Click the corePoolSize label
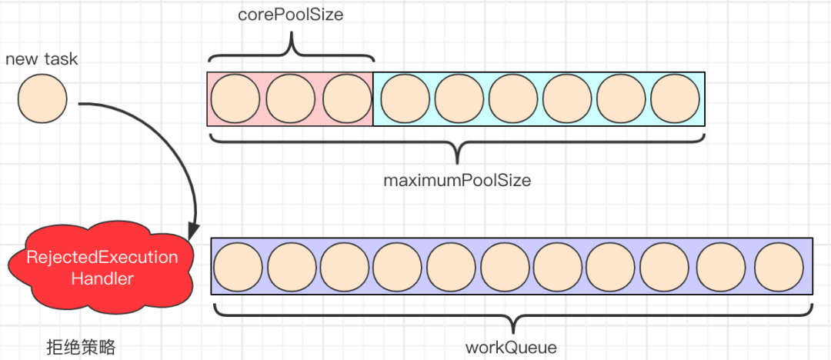click(x=291, y=15)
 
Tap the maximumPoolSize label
click(x=457, y=181)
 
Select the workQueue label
click(x=511, y=347)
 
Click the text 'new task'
click(x=42, y=58)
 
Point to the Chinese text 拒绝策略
click(x=81, y=348)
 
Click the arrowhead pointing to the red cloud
click(x=194, y=231)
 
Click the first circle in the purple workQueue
click(x=238, y=266)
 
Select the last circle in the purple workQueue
click(x=779, y=266)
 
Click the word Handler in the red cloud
click(x=102, y=278)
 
